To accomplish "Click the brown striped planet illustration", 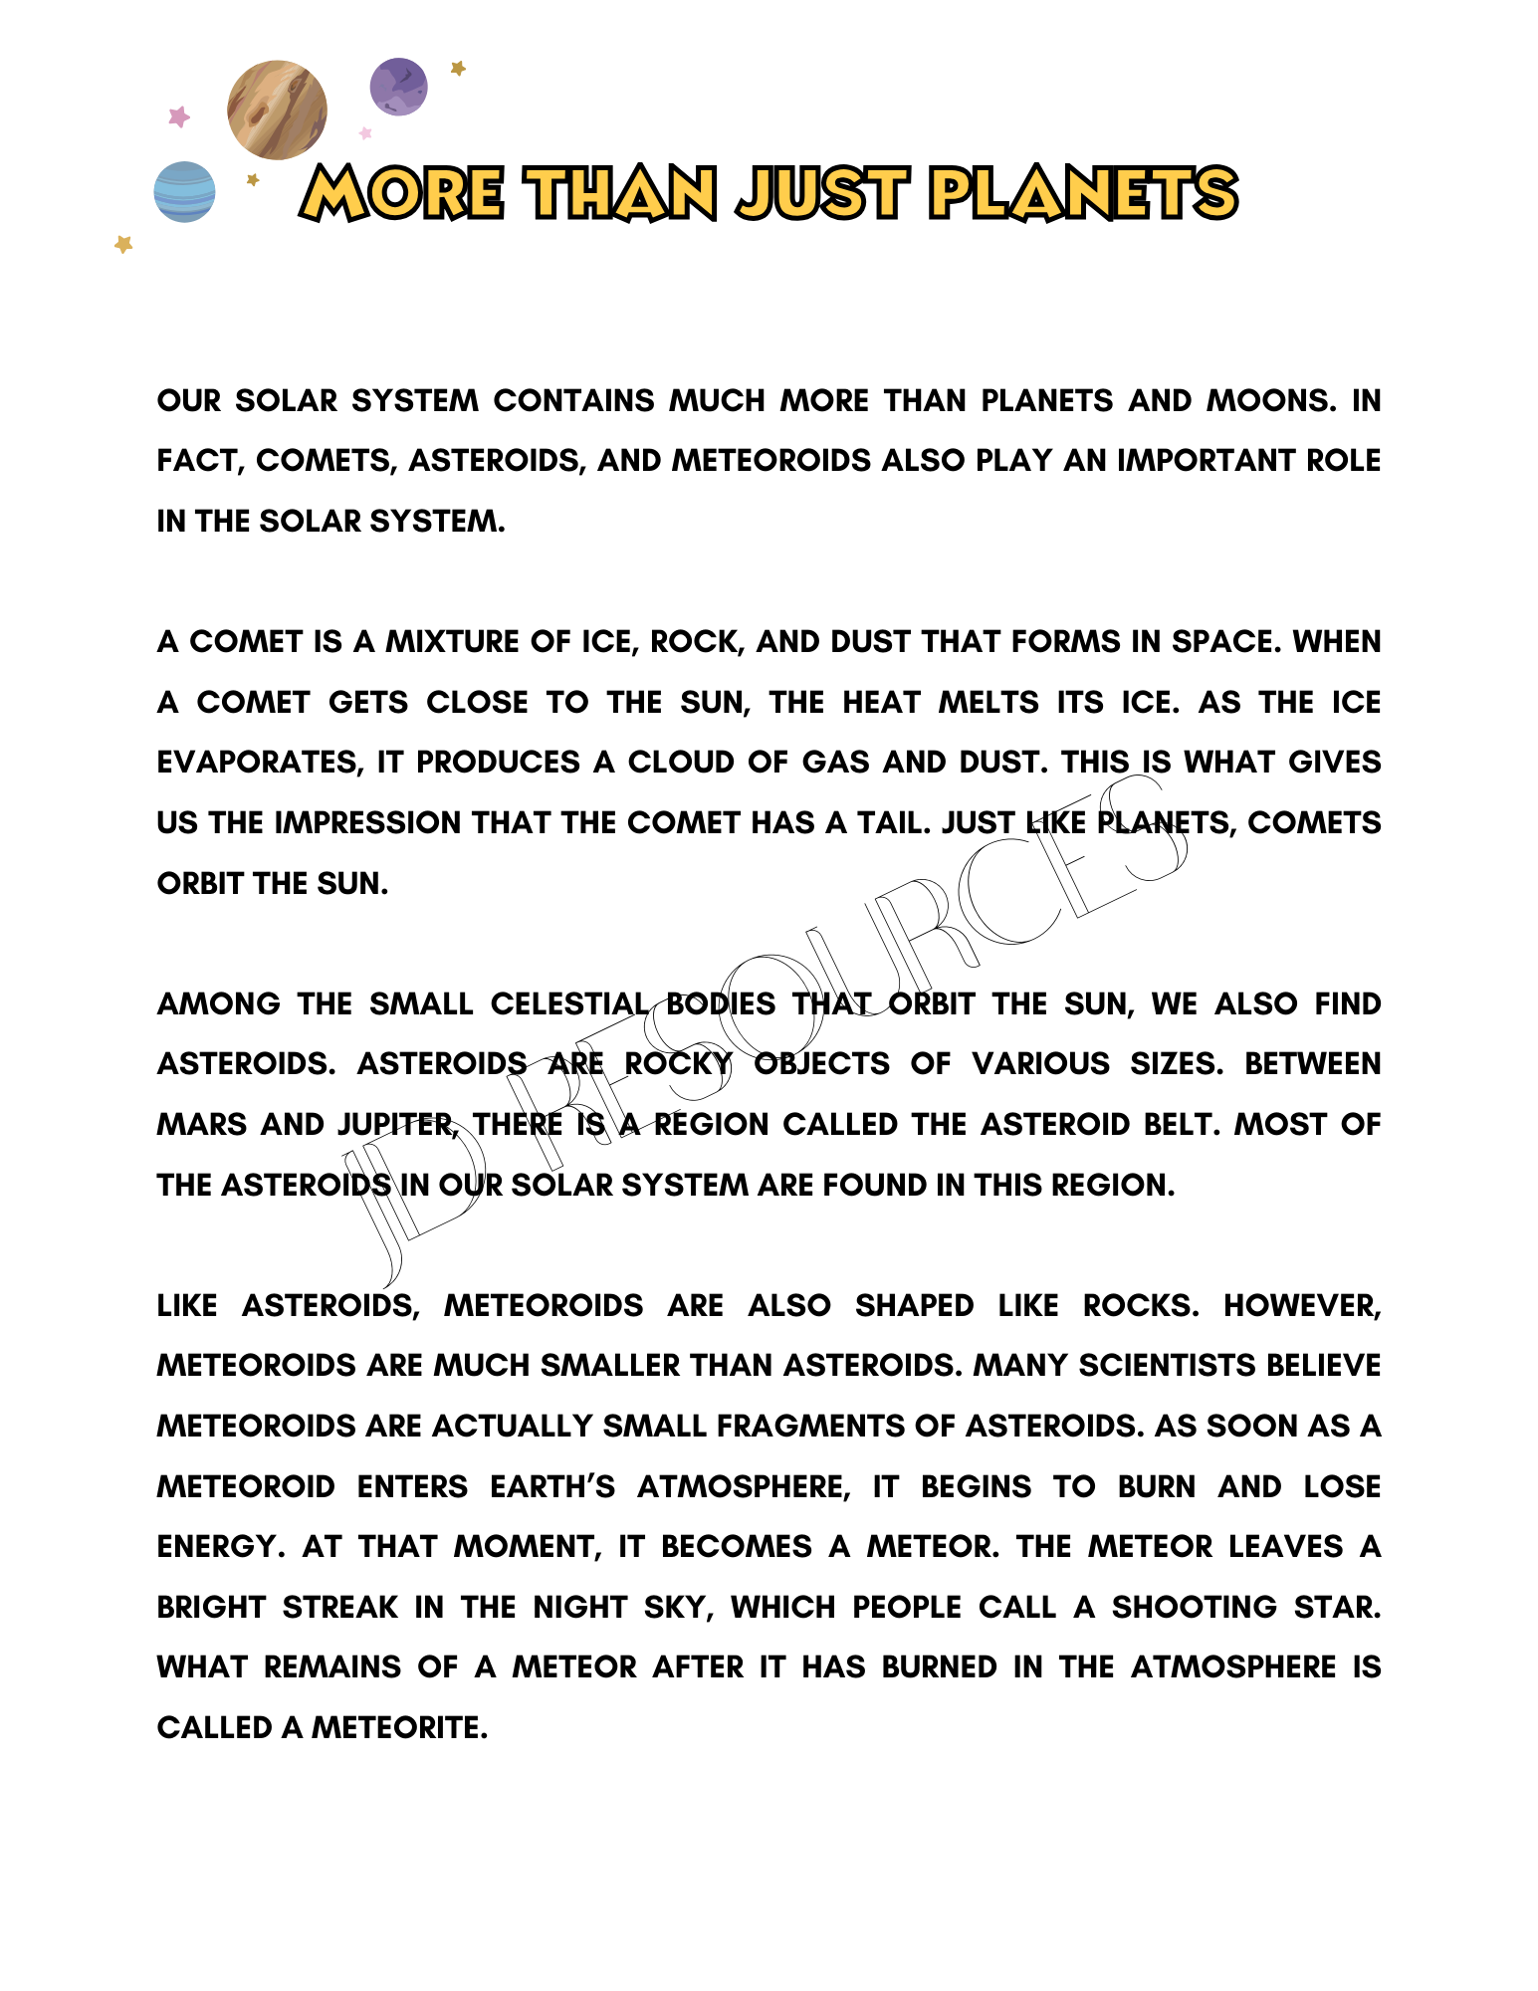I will coord(277,110).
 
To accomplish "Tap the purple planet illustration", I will coord(398,87).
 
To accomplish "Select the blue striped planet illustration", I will coord(184,191).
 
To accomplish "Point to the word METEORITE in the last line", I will coord(399,1728).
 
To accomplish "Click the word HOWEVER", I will coord(1302,1305).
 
